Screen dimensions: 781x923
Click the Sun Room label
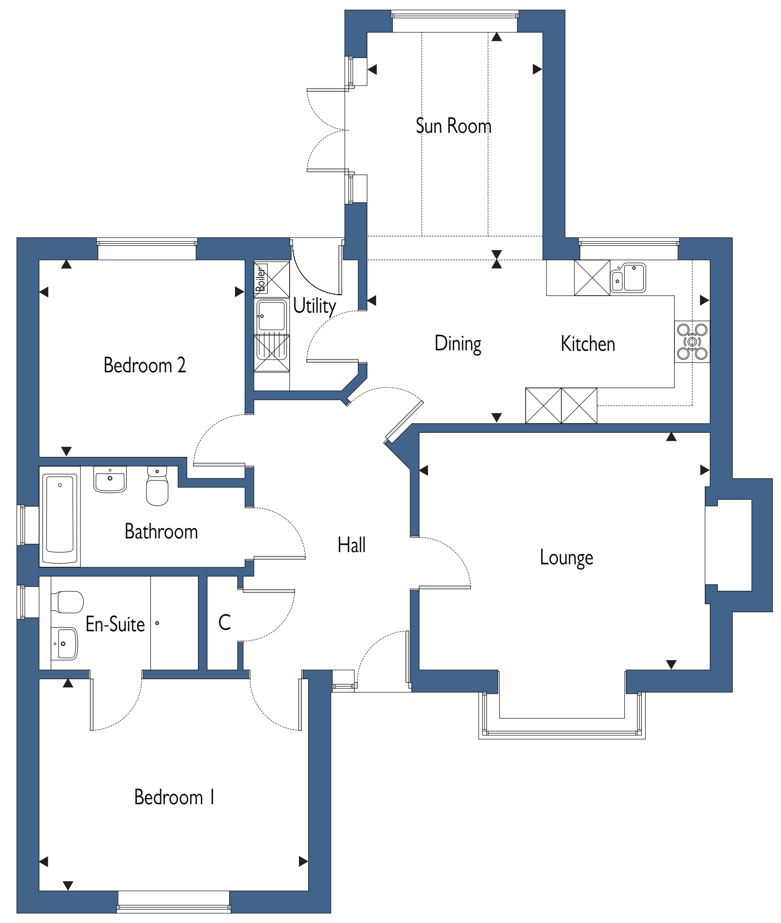453,126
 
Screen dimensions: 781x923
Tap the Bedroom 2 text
145,365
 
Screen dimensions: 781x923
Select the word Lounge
567,558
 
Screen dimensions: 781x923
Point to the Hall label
352,545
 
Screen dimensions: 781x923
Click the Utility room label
315,306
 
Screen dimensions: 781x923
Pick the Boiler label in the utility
261,279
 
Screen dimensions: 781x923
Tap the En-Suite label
115,624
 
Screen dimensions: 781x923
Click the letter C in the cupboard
225,622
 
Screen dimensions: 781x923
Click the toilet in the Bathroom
157,486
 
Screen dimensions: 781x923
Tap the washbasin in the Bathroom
110,479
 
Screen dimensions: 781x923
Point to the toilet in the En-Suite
67,602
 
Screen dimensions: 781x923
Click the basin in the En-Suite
64,644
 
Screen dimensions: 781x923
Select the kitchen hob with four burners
692,341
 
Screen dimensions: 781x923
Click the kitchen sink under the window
628,278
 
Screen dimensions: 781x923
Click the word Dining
458,344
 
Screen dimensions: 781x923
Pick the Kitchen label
588,344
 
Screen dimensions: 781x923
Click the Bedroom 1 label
174,797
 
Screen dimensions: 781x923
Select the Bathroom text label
161,532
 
